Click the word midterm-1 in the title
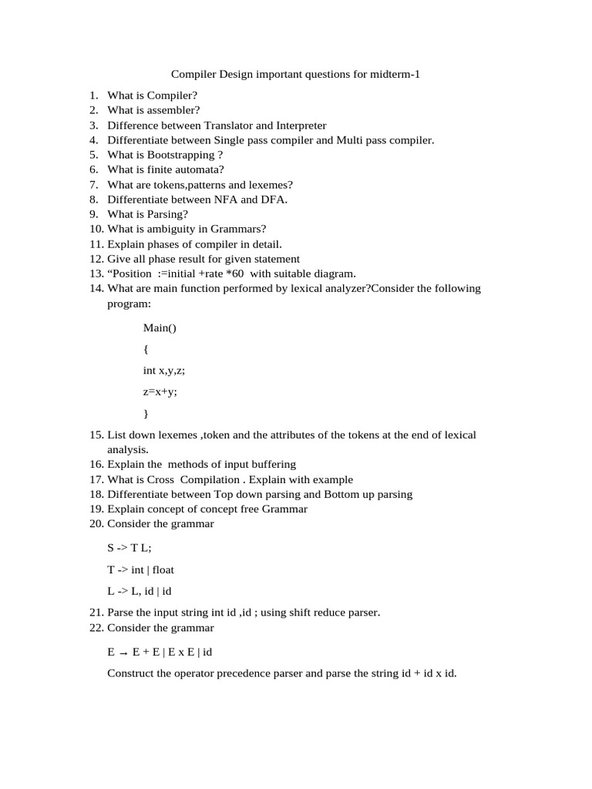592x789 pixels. point(395,75)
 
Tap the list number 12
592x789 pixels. point(96,259)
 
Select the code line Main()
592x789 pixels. point(160,327)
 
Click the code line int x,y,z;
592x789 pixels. point(164,371)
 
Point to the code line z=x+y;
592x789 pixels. point(160,392)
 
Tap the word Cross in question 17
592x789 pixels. point(160,479)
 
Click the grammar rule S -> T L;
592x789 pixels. point(129,547)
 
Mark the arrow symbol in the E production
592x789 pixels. point(123,652)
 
